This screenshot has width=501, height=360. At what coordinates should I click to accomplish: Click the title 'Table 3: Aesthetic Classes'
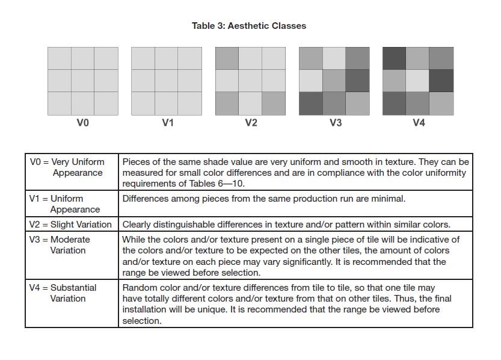click(248, 26)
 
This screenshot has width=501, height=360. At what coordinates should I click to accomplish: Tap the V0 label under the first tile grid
click(82, 123)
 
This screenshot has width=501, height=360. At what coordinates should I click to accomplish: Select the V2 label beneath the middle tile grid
click(251, 123)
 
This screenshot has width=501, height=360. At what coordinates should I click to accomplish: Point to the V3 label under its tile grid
click(335, 123)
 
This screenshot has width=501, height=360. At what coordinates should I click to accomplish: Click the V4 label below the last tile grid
click(419, 123)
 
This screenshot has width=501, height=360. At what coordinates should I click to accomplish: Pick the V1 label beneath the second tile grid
click(167, 123)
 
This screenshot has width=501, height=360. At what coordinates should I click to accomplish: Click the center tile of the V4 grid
click(418, 81)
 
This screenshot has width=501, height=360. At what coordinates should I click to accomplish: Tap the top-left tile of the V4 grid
click(395, 58)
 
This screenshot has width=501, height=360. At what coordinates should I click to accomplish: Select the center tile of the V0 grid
click(82, 81)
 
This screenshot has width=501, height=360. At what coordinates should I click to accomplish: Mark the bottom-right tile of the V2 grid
click(274, 104)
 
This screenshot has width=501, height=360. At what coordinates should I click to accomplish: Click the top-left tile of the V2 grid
click(227, 58)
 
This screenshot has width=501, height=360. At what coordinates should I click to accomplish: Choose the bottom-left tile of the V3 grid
click(310, 104)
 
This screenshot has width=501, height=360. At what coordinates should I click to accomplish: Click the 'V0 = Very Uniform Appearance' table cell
click(71, 167)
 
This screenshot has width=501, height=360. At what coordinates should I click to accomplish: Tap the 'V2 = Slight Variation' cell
click(71, 225)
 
